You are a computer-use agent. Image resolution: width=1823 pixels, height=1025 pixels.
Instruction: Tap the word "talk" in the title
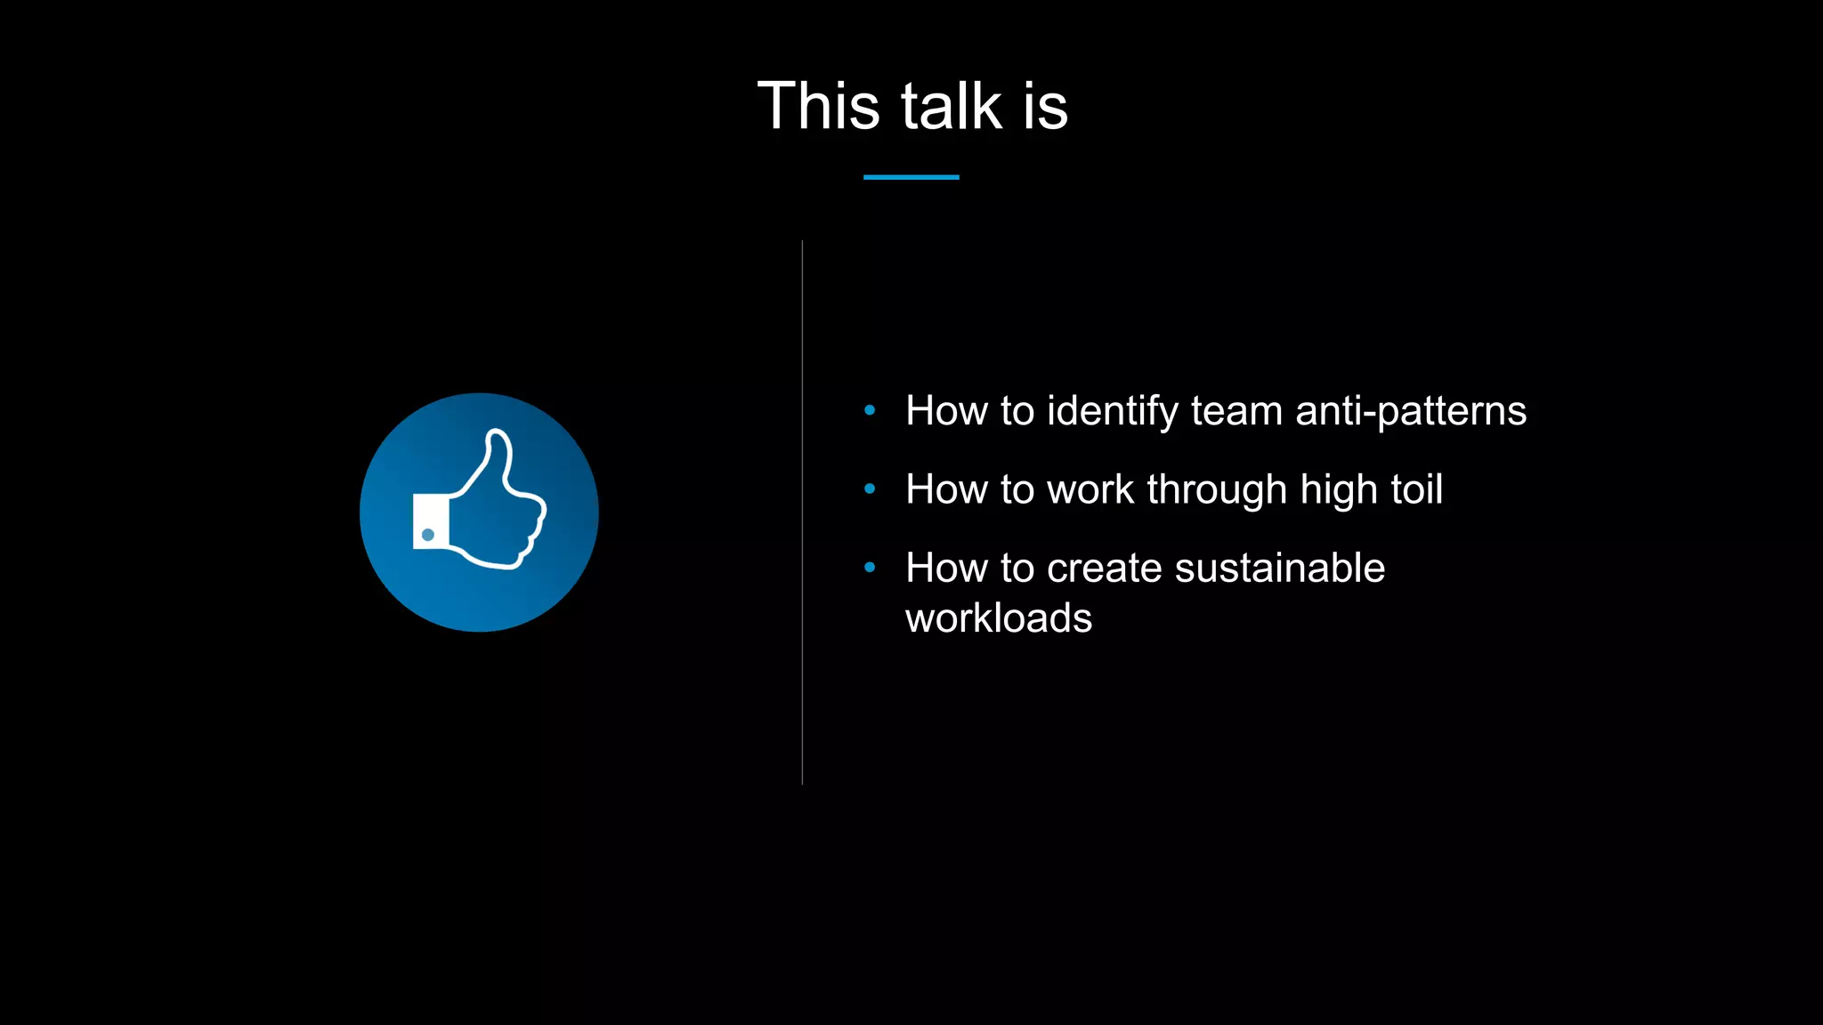[x=952, y=106]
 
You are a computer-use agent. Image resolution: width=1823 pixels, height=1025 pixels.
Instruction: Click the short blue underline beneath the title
[x=911, y=177]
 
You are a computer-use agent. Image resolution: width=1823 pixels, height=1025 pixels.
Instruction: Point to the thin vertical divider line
[x=802, y=512]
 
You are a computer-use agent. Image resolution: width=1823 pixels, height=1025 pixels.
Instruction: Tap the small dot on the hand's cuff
[x=428, y=535]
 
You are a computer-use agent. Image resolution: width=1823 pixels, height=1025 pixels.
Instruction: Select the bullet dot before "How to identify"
[x=870, y=410]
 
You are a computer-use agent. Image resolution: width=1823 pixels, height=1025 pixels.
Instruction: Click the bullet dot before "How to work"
[x=870, y=488]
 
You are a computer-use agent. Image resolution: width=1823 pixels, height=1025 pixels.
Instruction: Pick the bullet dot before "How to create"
[x=870, y=567]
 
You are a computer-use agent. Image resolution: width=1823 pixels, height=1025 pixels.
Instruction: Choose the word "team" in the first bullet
[x=1237, y=412]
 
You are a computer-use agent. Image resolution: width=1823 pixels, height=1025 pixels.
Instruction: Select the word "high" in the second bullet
[x=1337, y=490]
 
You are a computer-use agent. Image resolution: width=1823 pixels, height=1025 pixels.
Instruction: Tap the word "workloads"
[x=999, y=618]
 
